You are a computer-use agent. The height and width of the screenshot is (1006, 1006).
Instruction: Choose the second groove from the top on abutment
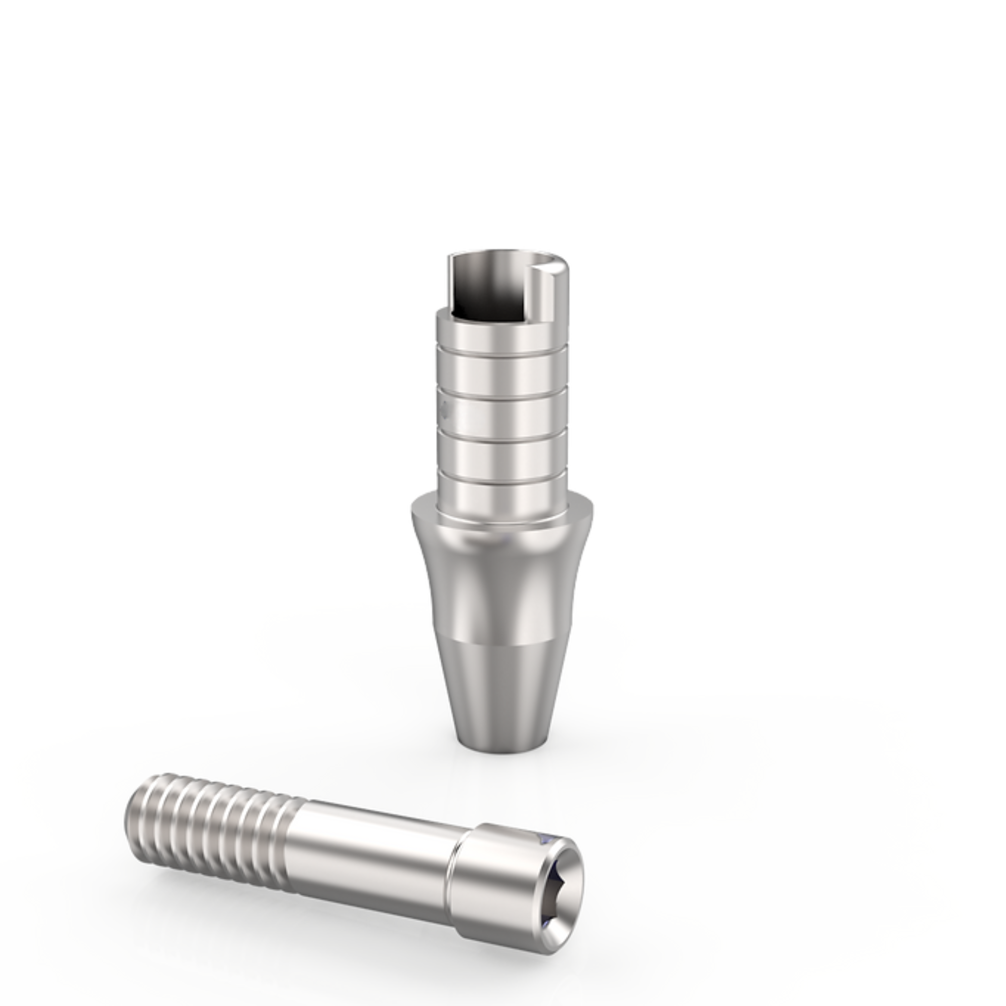point(500,394)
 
